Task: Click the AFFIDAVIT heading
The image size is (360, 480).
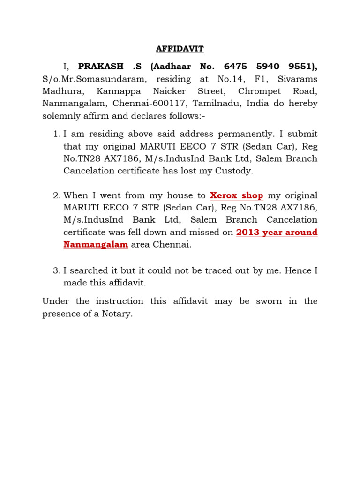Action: click(180, 49)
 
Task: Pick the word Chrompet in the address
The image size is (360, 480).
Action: click(260, 91)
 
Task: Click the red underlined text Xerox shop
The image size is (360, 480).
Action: click(237, 195)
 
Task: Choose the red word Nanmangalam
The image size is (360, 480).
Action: click(96, 244)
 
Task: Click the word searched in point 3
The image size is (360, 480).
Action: click(90, 270)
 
